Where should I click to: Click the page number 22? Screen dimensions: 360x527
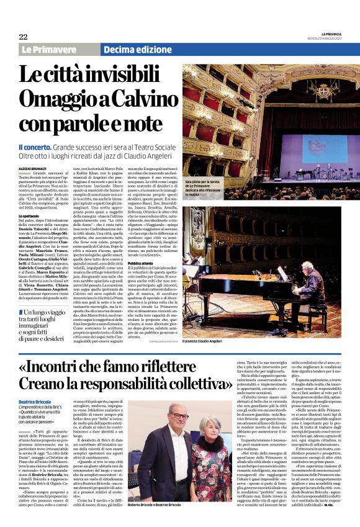click(23, 37)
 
